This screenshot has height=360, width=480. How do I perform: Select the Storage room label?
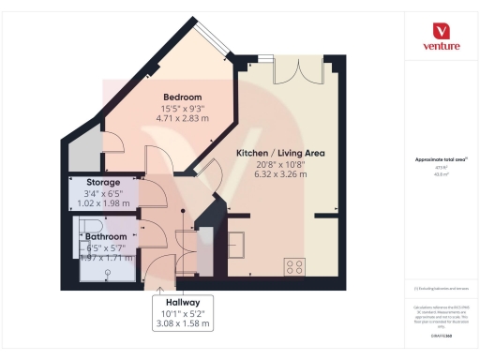click(102, 183)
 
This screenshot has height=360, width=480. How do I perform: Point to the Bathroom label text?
click(107, 237)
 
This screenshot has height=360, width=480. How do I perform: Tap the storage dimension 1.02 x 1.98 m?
click(104, 203)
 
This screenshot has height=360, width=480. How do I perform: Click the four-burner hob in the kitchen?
click(295, 265)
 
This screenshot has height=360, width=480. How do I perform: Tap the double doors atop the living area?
click(290, 71)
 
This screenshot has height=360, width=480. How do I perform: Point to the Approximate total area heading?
click(441, 160)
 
